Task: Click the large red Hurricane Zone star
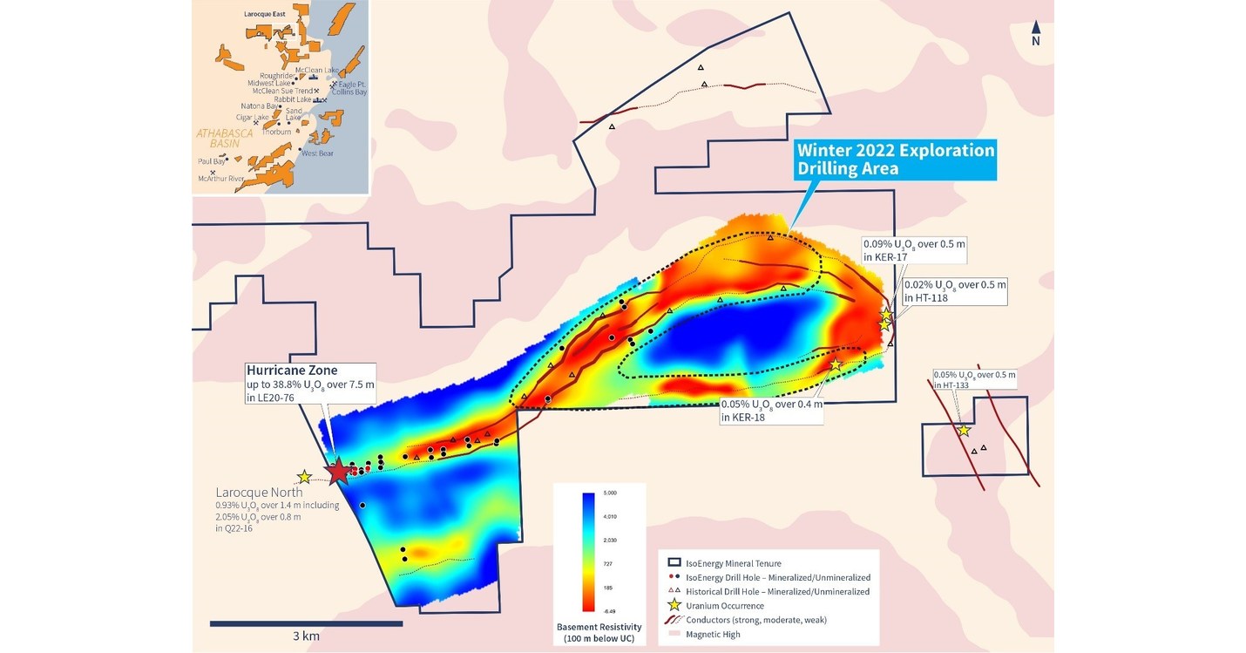coord(338,471)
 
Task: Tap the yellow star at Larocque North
coord(304,477)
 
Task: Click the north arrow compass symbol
coord(1035,33)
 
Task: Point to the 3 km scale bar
coord(306,622)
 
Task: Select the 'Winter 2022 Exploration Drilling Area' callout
coord(895,160)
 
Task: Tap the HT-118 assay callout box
coord(954,291)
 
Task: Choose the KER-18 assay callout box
coord(771,411)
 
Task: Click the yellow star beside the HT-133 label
coord(964,430)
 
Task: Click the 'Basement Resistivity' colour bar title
coord(599,633)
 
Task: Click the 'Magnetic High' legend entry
coord(714,634)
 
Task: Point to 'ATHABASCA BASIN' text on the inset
coord(225,139)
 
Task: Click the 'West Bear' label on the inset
coord(317,153)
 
